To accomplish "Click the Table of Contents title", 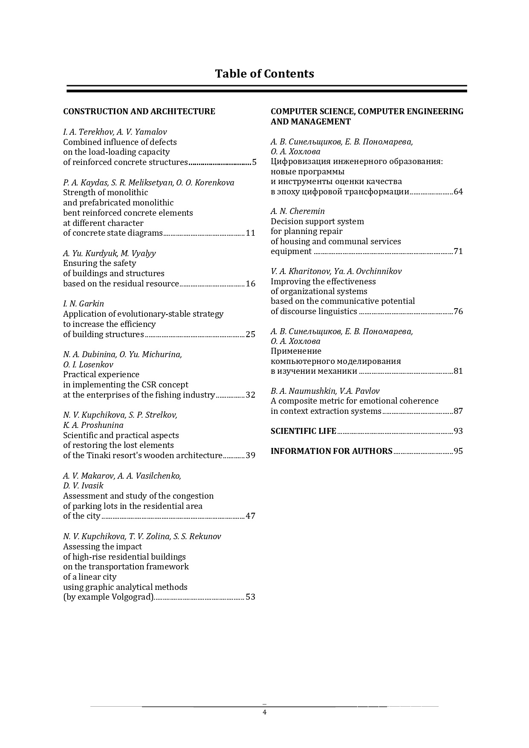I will click(264, 74).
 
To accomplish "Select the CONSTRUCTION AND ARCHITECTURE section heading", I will click(139, 112).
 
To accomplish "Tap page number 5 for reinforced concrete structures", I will click(254, 162).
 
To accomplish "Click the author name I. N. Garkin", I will click(84, 304).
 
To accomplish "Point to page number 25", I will click(251, 335).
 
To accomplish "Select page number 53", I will click(251, 597).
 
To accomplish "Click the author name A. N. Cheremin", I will click(298, 211).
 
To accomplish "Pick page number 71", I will click(458, 251).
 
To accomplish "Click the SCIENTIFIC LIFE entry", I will click(304, 431).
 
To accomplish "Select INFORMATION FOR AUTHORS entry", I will click(331, 451).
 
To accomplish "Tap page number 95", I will click(458, 451).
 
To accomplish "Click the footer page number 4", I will click(264, 713).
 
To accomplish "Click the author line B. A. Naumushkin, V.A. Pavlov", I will click(325, 391).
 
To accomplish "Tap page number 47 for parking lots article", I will click(251, 516).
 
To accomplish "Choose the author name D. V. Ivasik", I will click(83, 486).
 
